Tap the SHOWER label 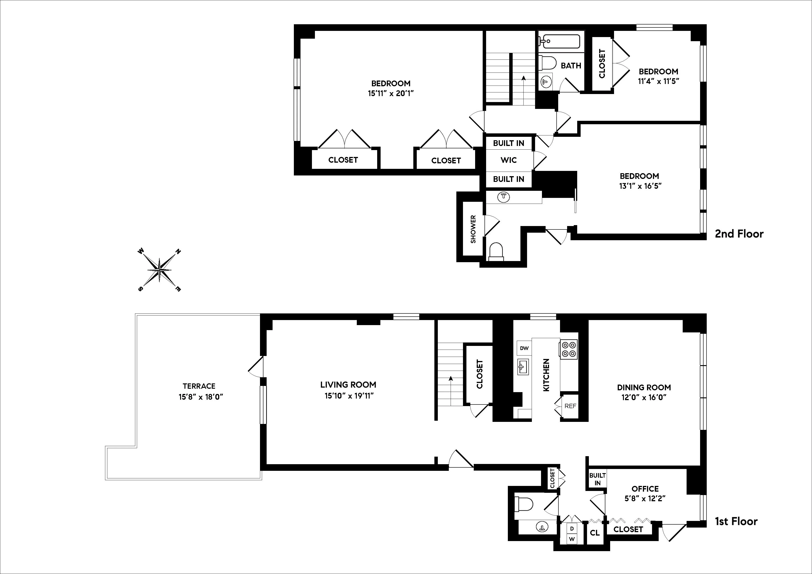(x=473, y=229)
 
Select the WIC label (x=509, y=160)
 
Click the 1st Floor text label (x=736, y=521)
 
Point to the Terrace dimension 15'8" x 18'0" (x=200, y=397)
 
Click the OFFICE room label (x=645, y=489)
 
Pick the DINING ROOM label (x=644, y=387)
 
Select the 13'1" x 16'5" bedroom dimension (x=640, y=186)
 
